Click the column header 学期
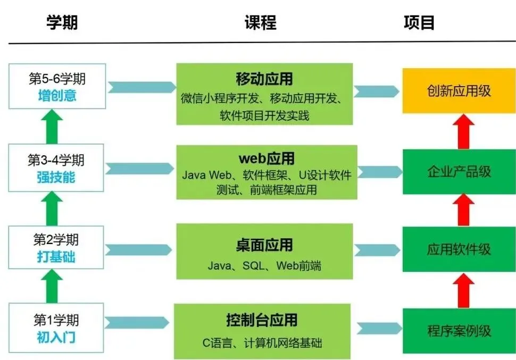[62, 22]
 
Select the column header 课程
[260, 22]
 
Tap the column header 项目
[419, 22]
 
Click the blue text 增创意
[57, 96]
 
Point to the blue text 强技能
[57, 177]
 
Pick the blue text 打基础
[57, 257]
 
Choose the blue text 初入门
[57, 338]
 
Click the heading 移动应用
[264, 79]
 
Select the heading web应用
[267, 158]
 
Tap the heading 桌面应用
[264, 245]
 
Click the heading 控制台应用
[262, 320]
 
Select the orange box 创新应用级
[459, 90]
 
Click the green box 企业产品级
[459, 172]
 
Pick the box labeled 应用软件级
[459, 250]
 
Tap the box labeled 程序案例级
[459, 331]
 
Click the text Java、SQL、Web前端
[264, 265]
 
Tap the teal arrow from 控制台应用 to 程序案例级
[378, 329]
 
